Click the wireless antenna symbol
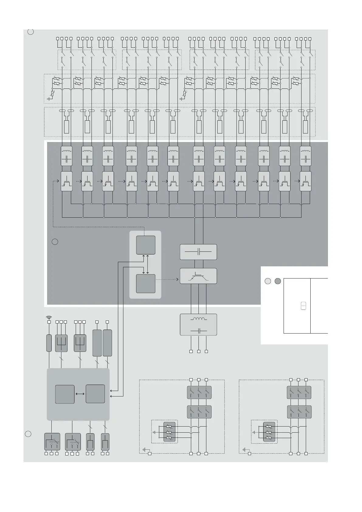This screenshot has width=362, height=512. click(49, 318)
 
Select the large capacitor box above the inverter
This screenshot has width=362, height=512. click(198, 252)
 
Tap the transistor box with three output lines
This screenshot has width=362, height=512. click(198, 276)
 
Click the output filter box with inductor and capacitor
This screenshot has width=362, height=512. click(198, 325)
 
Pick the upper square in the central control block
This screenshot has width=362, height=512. click(146, 245)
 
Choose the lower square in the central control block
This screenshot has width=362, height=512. click(146, 283)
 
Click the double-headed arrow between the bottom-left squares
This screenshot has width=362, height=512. click(80, 394)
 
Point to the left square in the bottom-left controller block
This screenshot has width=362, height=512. click(65, 394)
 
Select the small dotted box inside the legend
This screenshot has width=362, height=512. click(303, 306)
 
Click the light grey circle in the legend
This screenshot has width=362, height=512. click(267, 281)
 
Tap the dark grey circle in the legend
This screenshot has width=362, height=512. click(278, 281)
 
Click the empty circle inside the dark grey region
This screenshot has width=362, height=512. click(55, 242)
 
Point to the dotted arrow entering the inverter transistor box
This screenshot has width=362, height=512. click(170, 279)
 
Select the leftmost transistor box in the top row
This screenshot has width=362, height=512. click(67, 181)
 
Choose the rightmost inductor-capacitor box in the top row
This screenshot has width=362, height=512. click(305, 156)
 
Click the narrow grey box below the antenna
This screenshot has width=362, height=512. click(49, 343)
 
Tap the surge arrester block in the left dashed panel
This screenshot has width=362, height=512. click(170, 432)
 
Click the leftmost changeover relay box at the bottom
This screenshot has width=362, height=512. click(52, 442)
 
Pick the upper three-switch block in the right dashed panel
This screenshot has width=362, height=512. click(299, 392)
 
